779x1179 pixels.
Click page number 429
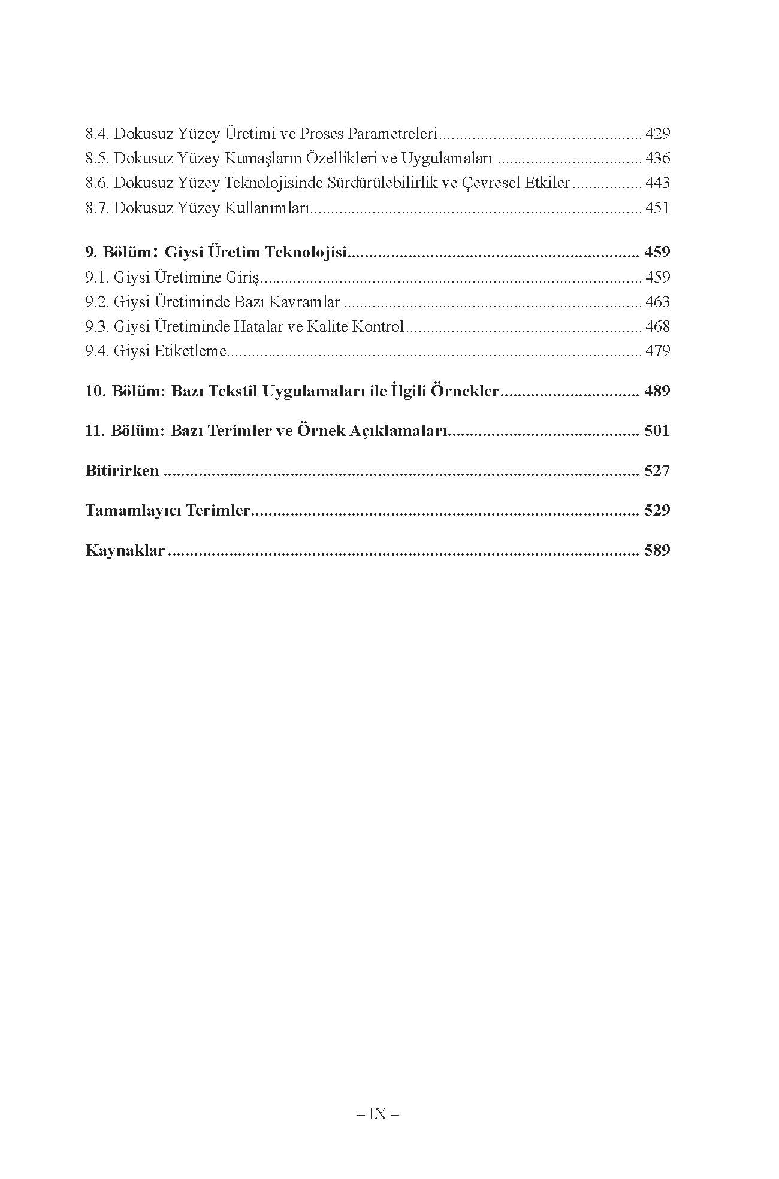point(657,134)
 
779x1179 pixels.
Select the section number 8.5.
point(97,159)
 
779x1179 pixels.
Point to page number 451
point(657,208)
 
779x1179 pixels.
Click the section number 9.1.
point(97,277)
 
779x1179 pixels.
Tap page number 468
point(657,326)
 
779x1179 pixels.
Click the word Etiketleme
point(191,351)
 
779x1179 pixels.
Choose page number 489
point(657,392)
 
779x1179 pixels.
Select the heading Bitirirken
point(122,471)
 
